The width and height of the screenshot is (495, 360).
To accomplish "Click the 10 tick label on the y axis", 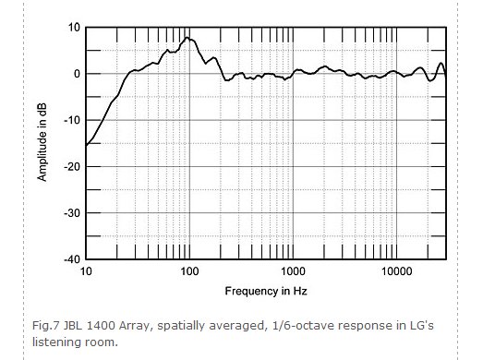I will coord(72,27).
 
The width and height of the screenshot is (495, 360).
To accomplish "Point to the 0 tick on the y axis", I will coord(75,74).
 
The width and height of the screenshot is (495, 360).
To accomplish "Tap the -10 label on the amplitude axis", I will coord(70,120).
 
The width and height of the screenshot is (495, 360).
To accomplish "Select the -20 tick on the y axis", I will coord(70,166).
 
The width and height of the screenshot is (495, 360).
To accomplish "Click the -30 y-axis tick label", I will coord(70,213).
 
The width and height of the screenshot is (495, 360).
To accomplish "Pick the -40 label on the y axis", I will coord(70,259).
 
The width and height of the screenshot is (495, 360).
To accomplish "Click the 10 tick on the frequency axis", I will coord(86,273).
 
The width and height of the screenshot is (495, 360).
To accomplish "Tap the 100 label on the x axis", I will coord(189,273).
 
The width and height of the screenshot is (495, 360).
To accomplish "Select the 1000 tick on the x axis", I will coord(294,273).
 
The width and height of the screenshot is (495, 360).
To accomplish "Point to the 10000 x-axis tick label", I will coord(397,273).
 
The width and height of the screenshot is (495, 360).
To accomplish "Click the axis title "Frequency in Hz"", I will coord(264,291).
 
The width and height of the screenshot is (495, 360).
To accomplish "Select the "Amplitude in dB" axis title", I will coord(42,143).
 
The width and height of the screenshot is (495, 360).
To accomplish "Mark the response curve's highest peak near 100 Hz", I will coord(187,38).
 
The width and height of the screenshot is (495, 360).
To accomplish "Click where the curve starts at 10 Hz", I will coord(86,145).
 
